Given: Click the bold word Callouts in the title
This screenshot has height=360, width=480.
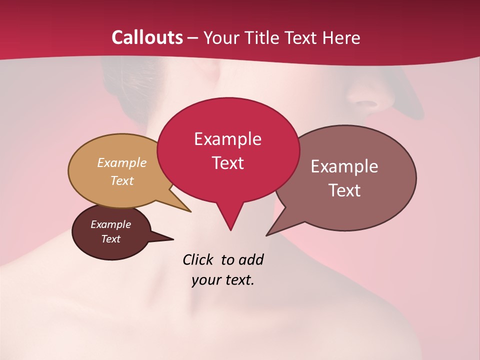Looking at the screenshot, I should [147, 37].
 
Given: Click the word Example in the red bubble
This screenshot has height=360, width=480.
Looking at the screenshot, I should [227, 139].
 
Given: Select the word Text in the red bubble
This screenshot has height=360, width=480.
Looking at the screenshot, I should [227, 163].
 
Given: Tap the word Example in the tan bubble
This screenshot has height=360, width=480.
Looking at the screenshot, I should [121, 163].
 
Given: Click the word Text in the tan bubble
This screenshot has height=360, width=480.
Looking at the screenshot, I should [121, 180].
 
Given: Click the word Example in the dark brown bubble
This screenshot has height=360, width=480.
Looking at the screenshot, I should [110, 224].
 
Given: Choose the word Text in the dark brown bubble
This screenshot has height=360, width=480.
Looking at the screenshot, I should [110, 239].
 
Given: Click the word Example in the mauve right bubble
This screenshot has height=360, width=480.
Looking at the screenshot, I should [344, 166].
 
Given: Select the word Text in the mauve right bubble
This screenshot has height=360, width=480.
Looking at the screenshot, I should [345, 190].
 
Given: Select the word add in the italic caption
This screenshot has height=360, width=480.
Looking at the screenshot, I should [250, 260].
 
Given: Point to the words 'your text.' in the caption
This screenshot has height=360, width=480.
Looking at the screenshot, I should [223, 280].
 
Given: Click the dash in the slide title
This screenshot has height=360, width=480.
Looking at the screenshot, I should [193, 38].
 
